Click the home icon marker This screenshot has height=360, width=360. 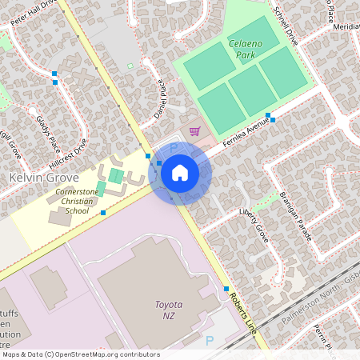coord(180,172)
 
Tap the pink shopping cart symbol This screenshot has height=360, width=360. coord(194,130)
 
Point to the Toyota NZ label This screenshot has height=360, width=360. coord(168,310)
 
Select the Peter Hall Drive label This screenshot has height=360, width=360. coord(30,15)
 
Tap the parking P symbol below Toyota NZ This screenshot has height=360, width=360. coord(210,341)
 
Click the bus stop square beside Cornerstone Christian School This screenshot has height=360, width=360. coord(103,213)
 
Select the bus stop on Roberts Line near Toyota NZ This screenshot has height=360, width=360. coord(226,289)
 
